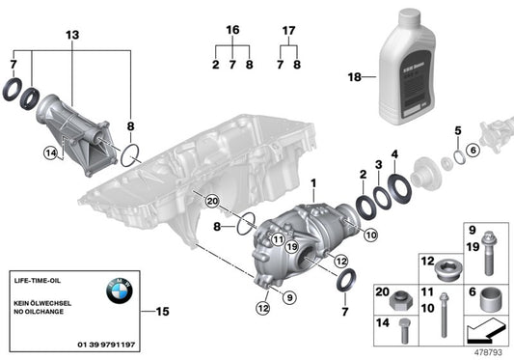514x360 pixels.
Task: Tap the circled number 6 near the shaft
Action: point(473,149)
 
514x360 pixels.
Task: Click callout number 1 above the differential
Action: point(311,182)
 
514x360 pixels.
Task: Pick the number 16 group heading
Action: point(231,32)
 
